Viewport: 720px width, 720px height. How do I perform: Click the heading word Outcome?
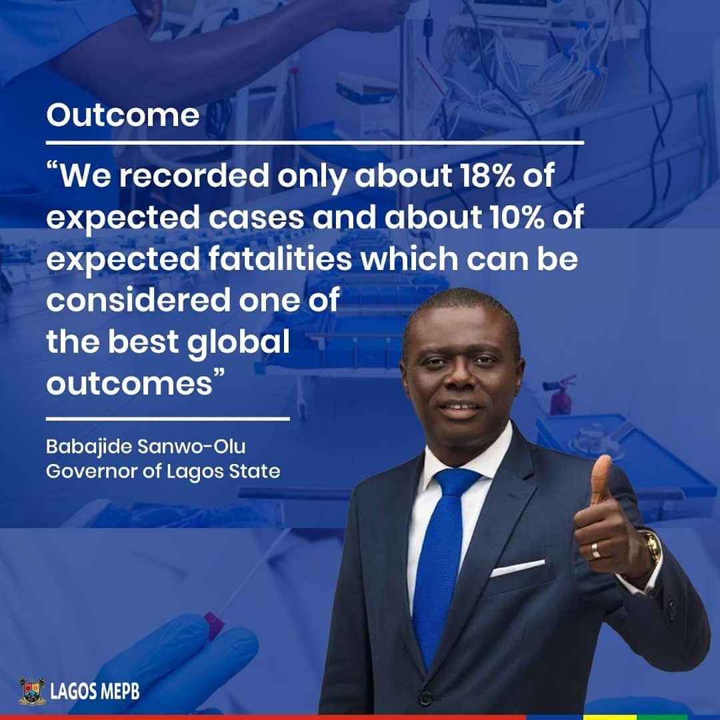click(123, 115)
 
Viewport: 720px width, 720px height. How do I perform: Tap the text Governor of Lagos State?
click(163, 471)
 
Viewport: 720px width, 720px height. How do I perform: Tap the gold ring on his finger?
click(595, 549)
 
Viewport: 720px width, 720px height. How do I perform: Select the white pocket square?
click(517, 567)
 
